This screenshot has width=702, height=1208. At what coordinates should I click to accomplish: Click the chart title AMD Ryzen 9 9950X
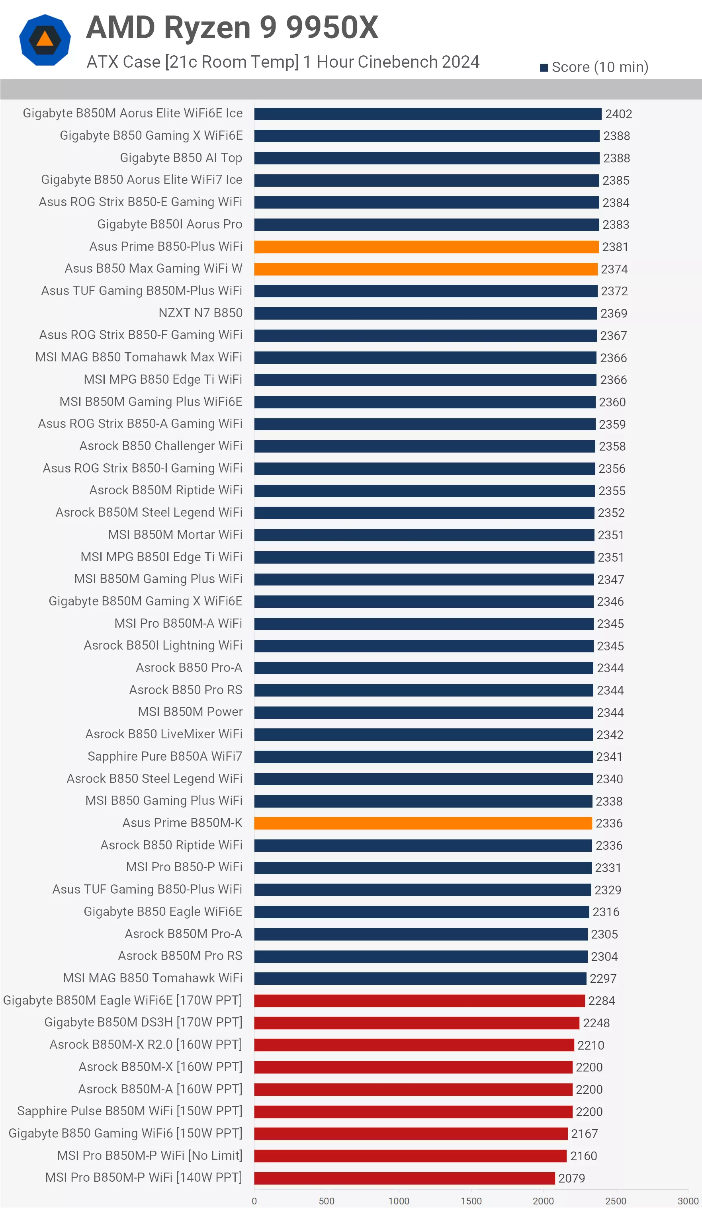[x=232, y=27]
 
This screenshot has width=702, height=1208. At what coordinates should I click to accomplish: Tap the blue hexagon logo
[x=45, y=40]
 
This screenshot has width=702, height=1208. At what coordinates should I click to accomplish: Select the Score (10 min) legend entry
[x=594, y=67]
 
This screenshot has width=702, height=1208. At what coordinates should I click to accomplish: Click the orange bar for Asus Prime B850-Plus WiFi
[x=426, y=247]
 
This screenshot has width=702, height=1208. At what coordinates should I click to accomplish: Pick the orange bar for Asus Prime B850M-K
[x=423, y=823]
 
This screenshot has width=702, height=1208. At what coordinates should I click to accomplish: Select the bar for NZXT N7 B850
[x=425, y=314]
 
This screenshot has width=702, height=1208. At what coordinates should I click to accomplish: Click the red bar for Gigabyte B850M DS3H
[x=416, y=1023]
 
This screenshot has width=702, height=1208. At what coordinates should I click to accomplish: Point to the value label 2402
[x=618, y=114]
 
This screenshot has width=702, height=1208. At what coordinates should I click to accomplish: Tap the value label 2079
[x=571, y=1178]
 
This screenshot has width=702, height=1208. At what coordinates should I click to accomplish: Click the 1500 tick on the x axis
[x=471, y=1201]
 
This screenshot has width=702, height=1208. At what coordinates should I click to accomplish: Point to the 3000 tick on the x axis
[x=688, y=1201]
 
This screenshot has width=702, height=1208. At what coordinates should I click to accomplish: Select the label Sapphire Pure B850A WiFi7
[x=164, y=756]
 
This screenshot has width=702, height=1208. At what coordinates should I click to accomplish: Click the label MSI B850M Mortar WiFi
[x=175, y=535]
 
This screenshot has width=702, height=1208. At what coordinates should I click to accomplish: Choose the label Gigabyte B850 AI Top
[x=181, y=158]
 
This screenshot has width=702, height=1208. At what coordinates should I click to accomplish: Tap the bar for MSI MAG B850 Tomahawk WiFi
[x=420, y=978]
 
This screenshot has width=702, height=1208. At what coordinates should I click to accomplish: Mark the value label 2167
[x=584, y=1134]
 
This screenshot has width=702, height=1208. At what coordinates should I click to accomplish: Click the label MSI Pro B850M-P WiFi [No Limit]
[x=150, y=1155]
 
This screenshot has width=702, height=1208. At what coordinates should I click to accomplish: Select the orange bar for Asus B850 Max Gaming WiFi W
[x=425, y=269]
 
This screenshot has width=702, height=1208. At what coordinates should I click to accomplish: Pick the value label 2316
[x=606, y=912]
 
